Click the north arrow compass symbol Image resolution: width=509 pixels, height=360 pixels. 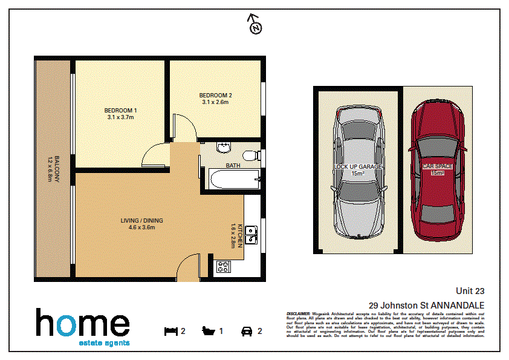[x=255, y=26]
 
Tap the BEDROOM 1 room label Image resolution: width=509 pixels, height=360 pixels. [x=120, y=114]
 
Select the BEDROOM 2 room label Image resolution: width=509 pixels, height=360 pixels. [x=216, y=99]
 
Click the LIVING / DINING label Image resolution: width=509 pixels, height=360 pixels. [x=142, y=224]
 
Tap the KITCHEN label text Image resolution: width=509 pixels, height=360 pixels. [x=237, y=235]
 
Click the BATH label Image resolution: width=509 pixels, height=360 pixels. [x=233, y=165]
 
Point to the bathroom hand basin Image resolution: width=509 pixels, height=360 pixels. [x=223, y=146]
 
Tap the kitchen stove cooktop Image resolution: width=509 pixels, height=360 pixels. [x=223, y=267]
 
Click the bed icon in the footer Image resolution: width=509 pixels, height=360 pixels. [x=171, y=331]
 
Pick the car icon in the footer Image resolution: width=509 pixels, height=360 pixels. [x=247, y=331]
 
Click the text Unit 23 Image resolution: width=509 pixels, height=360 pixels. [x=470, y=292]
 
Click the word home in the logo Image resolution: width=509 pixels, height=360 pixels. [x=82, y=324]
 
